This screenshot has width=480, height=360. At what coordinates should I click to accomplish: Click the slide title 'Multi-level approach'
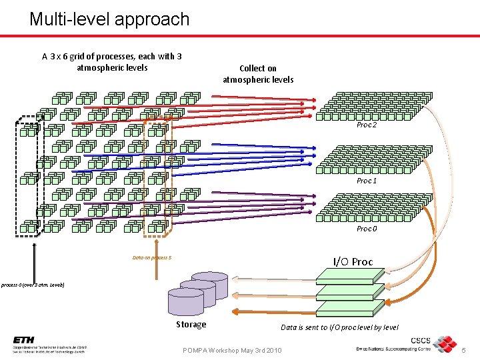(x=109, y=19)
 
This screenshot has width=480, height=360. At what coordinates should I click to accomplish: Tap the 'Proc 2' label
(x=367, y=125)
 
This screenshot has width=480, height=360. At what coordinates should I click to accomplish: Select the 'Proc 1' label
(x=367, y=181)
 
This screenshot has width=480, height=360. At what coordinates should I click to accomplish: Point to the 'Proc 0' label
(x=367, y=229)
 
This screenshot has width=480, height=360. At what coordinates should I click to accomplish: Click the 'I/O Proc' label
(x=353, y=261)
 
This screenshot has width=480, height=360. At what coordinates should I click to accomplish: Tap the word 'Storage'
(x=191, y=325)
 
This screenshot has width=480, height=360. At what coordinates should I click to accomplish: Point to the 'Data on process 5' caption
(x=152, y=257)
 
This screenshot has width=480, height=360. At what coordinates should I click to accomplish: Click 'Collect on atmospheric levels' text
(x=258, y=74)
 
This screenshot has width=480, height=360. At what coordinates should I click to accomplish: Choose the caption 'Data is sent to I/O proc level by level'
(x=340, y=327)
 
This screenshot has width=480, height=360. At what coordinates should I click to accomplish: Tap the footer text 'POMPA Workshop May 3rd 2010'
(x=232, y=351)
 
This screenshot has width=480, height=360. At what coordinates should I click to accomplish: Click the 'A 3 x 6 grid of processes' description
(x=112, y=62)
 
